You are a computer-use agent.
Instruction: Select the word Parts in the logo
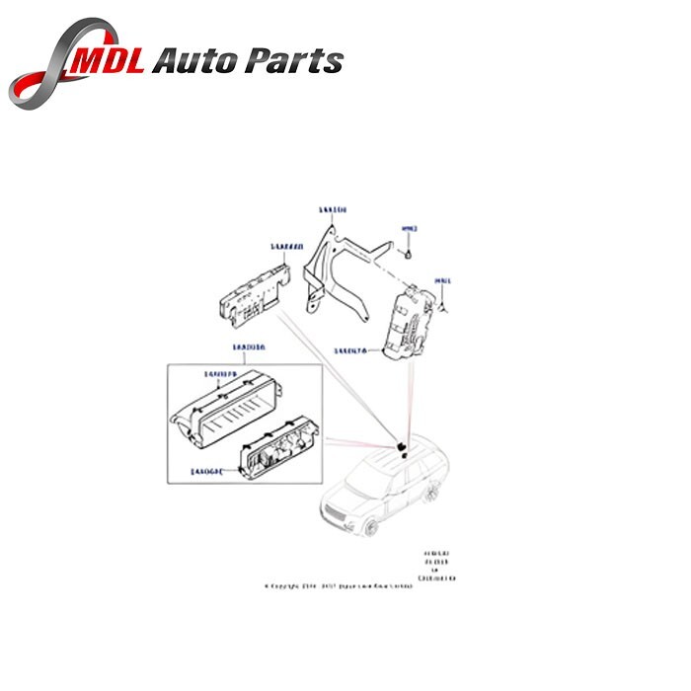click(x=297, y=61)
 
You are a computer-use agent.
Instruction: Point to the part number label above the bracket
click(x=332, y=210)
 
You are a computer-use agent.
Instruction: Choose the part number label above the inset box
click(x=249, y=347)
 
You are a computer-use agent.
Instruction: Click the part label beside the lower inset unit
click(x=206, y=473)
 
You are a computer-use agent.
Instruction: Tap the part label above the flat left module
click(x=259, y=247)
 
